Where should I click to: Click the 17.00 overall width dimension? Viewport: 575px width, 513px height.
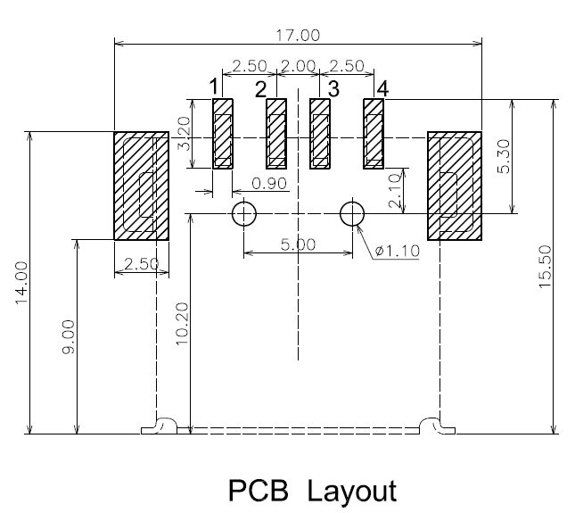(x=298, y=36)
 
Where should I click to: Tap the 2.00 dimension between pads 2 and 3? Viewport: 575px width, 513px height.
(x=298, y=66)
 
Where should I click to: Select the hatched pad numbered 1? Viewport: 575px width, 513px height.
(x=223, y=134)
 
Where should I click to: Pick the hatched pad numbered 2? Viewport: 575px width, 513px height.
(x=276, y=134)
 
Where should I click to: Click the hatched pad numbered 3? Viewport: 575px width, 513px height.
(x=320, y=134)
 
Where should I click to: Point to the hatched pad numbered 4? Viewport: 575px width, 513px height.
(x=374, y=134)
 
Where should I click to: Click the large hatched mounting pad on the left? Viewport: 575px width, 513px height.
(x=142, y=186)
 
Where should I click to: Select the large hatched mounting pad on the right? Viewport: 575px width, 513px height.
(x=455, y=186)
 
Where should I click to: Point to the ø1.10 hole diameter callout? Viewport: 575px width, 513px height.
(x=397, y=251)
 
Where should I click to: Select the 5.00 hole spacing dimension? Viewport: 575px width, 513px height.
(x=298, y=244)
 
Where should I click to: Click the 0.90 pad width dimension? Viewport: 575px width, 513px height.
(x=269, y=184)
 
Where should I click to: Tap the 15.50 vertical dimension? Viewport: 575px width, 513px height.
(x=545, y=267)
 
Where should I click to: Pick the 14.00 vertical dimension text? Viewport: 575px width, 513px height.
(x=21, y=283)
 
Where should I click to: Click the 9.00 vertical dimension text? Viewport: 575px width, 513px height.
(x=69, y=337)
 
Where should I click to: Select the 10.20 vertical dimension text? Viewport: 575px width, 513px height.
(x=182, y=324)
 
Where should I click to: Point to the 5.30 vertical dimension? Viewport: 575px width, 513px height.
(x=505, y=156)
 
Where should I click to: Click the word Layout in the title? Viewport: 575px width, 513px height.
(x=351, y=490)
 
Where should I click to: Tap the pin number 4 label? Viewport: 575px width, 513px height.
(x=382, y=88)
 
